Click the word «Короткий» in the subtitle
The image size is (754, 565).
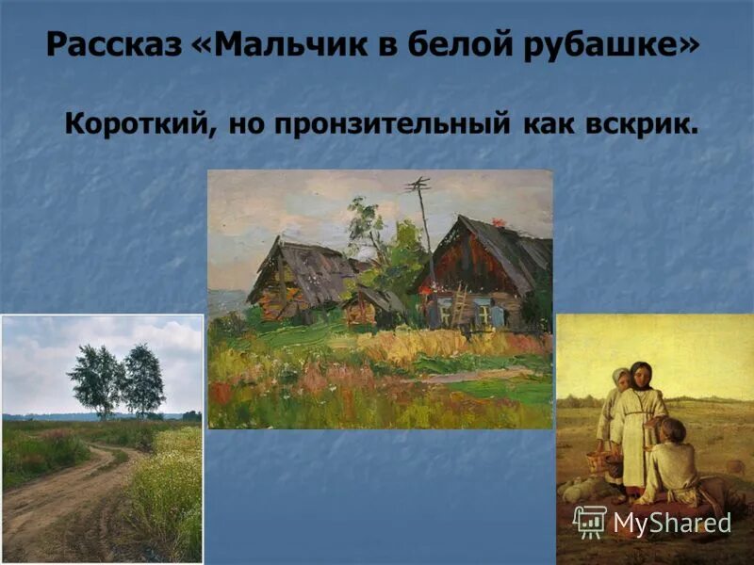139,123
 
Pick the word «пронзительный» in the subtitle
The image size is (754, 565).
397,123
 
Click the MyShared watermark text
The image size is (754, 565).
671,522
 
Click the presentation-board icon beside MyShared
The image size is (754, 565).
589,521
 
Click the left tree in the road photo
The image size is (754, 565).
96,377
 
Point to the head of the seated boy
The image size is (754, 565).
670,429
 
